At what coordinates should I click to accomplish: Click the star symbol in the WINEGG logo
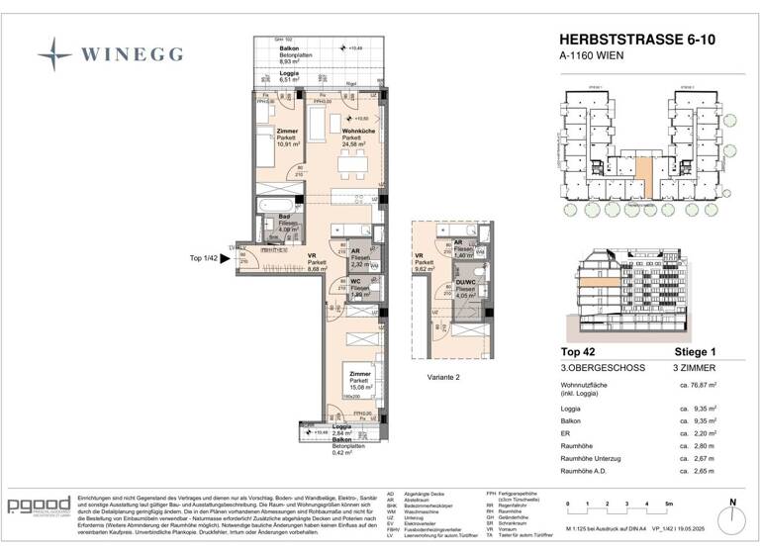(x=55, y=50)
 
